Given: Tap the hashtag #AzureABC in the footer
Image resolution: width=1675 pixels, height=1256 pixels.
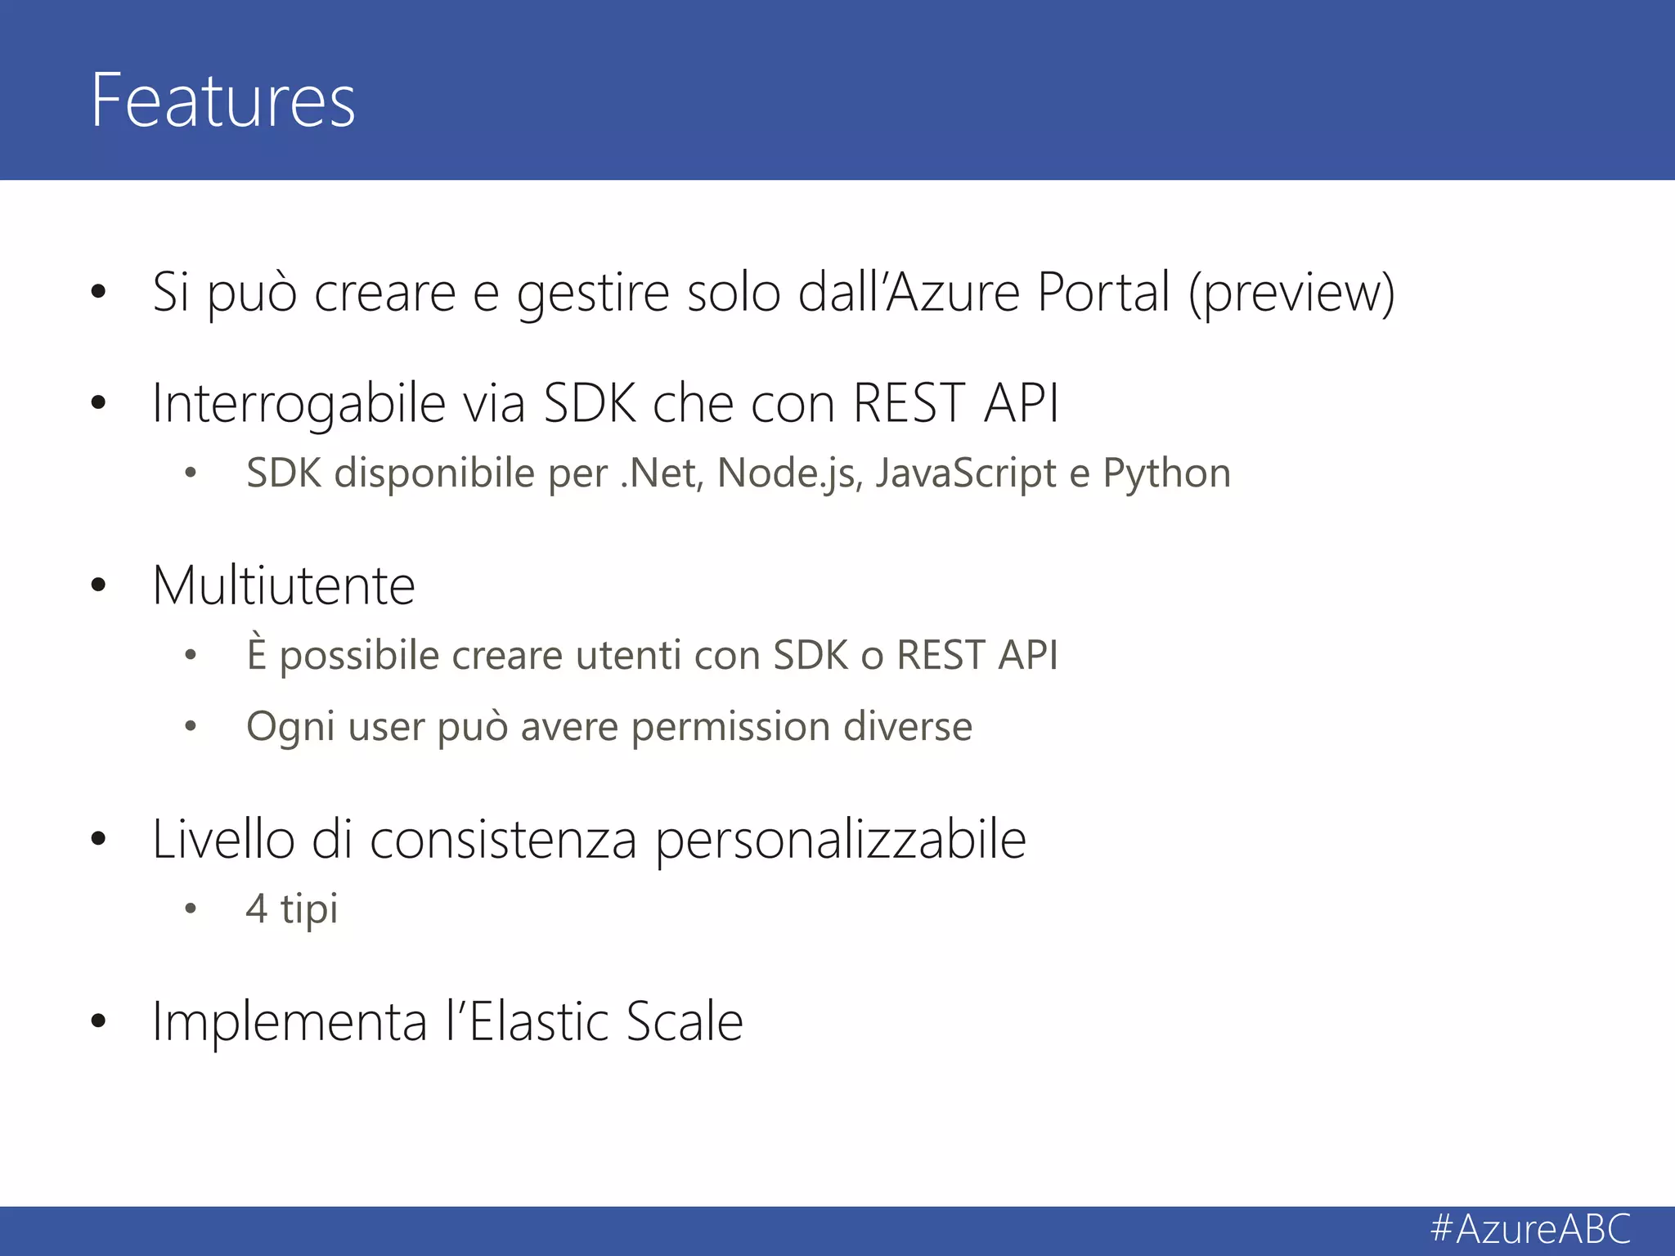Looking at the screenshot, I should point(1530,1229).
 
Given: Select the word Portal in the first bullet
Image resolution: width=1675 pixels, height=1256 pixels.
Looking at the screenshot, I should point(1103,292).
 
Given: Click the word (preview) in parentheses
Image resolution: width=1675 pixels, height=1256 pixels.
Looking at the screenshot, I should point(1291,293).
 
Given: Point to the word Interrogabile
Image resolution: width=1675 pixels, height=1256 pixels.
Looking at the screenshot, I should point(299,403).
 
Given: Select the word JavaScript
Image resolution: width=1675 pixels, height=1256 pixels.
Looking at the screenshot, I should point(966,473).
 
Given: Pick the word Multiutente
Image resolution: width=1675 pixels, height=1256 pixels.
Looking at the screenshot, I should point(284,585).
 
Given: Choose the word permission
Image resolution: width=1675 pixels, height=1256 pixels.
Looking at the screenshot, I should point(730,726).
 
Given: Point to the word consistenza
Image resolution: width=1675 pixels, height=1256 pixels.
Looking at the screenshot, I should point(503,840).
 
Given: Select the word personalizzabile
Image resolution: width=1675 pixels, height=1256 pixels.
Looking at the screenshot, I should point(840,840).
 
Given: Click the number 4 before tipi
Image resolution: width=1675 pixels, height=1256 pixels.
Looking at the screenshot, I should point(257,908).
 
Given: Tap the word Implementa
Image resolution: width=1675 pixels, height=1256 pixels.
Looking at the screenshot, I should point(290,1021).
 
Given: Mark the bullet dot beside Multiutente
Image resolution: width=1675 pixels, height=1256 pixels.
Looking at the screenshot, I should point(99,585).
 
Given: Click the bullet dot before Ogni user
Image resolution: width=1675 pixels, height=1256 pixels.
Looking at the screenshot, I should point(191,726).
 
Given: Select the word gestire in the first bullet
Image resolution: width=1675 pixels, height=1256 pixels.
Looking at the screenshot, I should point(593,292).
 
